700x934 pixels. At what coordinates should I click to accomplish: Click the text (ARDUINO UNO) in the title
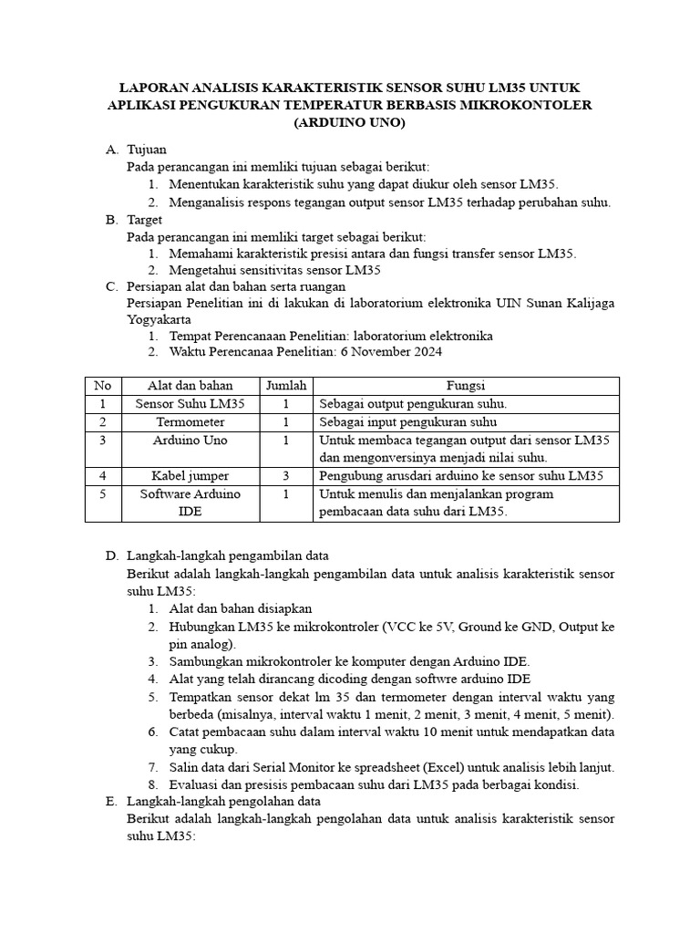pos(350,123)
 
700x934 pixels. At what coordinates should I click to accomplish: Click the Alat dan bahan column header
pos(190,386)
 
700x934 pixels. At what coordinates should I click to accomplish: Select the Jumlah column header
pos(285,386)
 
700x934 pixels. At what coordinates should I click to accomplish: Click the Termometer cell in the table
pos(190,422)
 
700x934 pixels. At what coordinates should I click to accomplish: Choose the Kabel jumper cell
pos(190,476)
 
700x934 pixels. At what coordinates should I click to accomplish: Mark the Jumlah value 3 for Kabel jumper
pos(285,476)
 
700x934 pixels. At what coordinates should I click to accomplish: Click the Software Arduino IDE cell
pos(190,503)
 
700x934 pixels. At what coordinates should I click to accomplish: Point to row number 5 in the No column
pos(103,494)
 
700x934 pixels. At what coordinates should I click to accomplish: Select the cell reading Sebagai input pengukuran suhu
pos(407,422)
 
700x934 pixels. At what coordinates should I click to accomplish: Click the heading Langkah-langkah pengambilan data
pos(228,555)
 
